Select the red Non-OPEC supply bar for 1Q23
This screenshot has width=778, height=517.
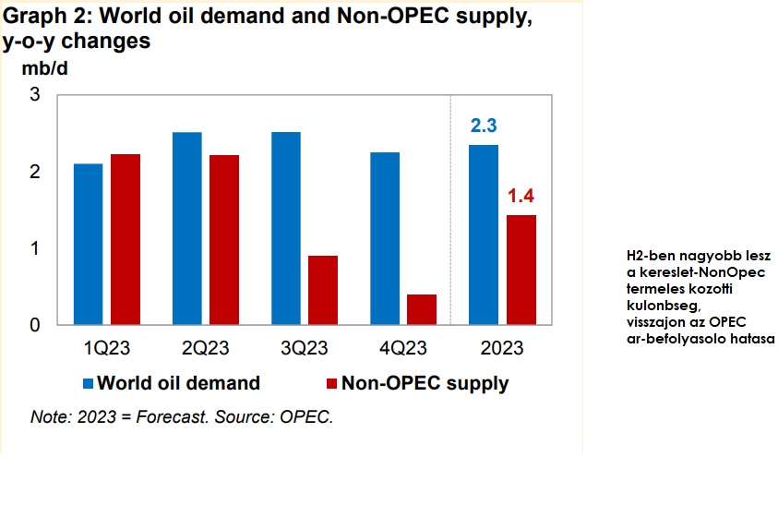click(x=126, y=239)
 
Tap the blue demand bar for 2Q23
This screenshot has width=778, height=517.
click(x=187, y=228)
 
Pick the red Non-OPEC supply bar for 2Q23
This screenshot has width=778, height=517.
click(x=224, y=240)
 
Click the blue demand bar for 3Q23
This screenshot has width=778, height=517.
click(x=286, y=228)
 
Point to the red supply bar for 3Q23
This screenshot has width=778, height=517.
click(x=323, y=290)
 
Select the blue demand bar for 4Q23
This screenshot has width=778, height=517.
click(x=385, y=238)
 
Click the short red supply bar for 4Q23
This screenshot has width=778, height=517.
click(x=422, y=309)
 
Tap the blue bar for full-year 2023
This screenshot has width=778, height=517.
click(x=484, y=234)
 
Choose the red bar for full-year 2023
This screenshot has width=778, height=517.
click(x=521, y=270)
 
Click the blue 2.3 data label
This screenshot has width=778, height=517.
click(x=484, y=126)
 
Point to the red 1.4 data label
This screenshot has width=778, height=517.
click(x=521, y=196)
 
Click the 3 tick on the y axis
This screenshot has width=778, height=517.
click(x=35, y=94)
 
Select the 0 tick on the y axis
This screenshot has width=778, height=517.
click(x=35, y=325)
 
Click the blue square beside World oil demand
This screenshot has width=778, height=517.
click(x=88, y=383)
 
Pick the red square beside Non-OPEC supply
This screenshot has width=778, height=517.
click(x=332, y=383)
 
